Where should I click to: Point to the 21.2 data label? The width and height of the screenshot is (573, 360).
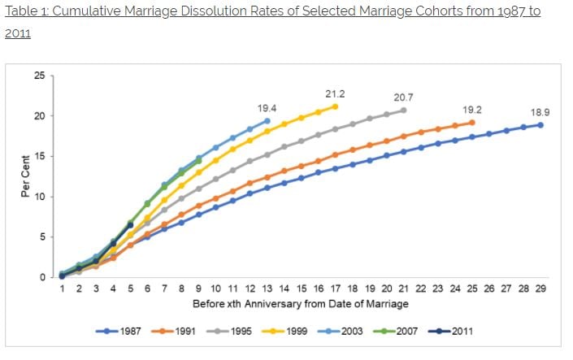click(x=334, y=93)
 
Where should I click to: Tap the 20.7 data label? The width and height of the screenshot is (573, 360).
click(x=404, y=98)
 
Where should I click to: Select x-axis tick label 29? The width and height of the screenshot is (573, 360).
click(x=540, y=288)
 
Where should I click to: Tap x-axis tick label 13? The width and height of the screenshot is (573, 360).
click(x=267, y=288)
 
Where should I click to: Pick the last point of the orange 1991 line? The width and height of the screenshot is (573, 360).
click(x=471, y=123)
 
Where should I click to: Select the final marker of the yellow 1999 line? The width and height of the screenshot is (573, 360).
click(x=335, y=106)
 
